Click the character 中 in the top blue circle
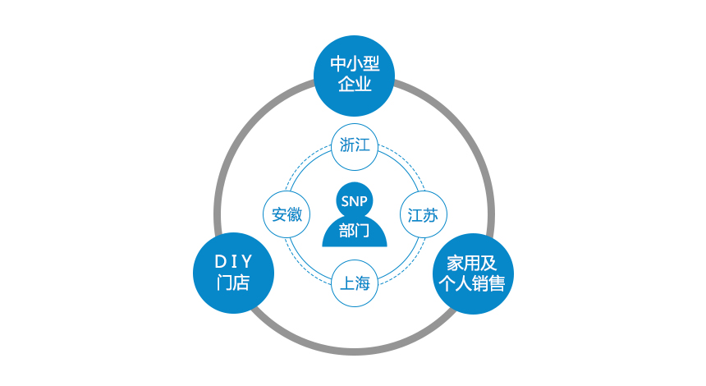337,63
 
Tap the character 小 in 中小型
355,63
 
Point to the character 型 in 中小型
371,63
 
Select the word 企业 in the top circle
355,84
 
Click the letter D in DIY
220,262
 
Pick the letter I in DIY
234,262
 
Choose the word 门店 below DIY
233,283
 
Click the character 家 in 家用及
455,263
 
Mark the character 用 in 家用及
472,263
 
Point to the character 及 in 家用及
488,263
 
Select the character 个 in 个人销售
447,283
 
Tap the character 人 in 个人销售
464,283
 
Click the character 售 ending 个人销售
497,283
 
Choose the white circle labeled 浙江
355,147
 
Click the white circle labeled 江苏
424,214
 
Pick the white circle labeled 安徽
287,214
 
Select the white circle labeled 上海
355,283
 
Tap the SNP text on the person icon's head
355,201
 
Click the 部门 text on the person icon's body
355,231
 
